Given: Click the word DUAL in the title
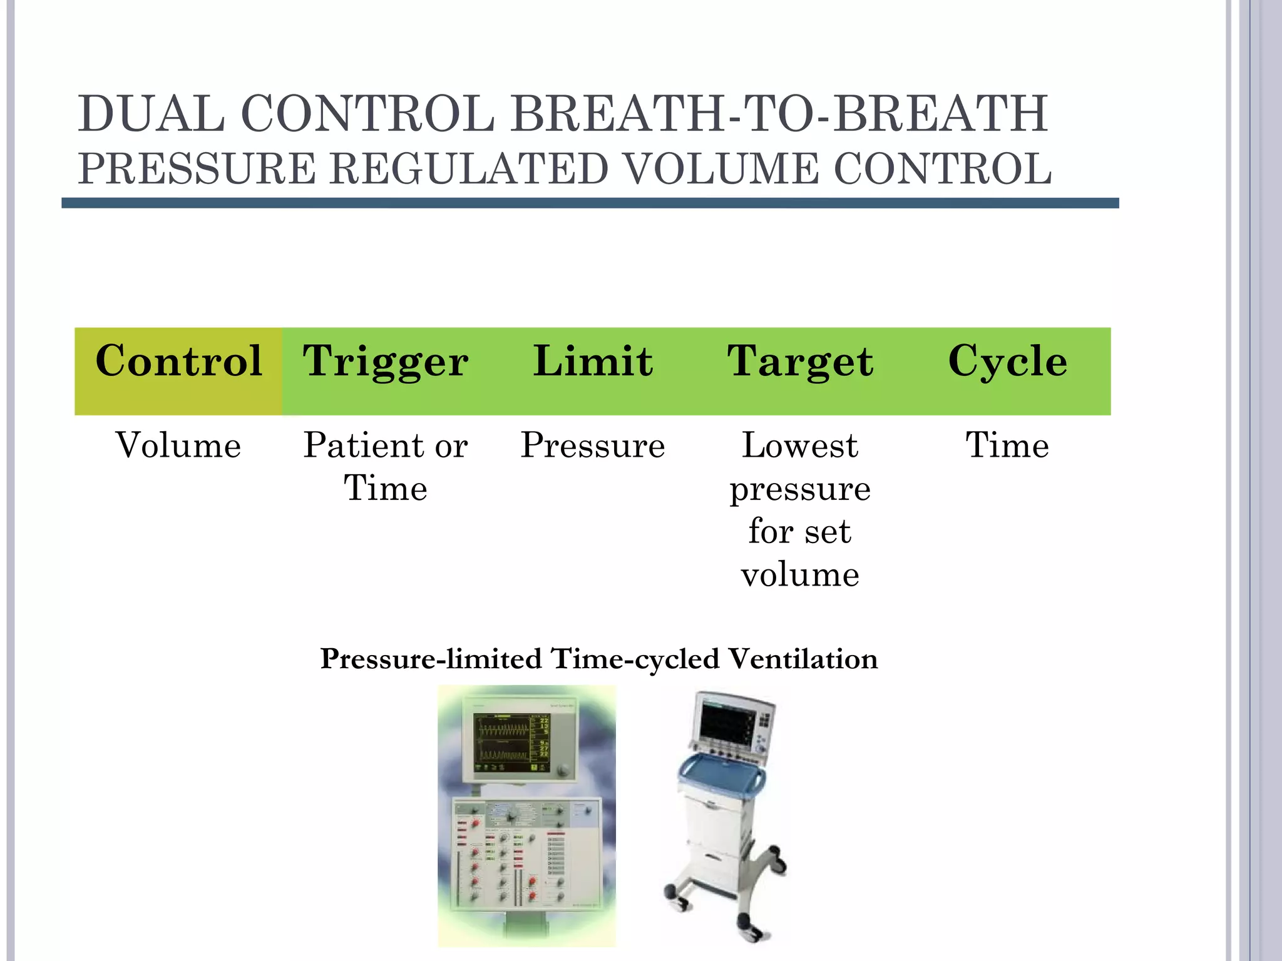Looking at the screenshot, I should tap(151, 114).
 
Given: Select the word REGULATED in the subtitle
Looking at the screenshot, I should tap(468, 170).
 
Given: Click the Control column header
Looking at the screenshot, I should tap(178, 361).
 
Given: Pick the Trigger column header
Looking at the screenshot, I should tap(386, 361).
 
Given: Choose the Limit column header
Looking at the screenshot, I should tap(593, 361).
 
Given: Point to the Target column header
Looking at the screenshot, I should tap(800, 361).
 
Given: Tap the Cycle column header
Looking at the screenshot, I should tap(1007, 361).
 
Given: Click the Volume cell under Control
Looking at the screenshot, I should tap(178, 445).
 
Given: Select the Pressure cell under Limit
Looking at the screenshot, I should tap(593, 445).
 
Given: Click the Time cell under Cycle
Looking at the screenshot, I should tap(1007, 445).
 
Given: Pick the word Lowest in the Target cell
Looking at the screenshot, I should tap(800, 445).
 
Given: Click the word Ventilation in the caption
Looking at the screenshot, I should tap(803, 659).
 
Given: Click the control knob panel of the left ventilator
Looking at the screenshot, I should tap(526, 854).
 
